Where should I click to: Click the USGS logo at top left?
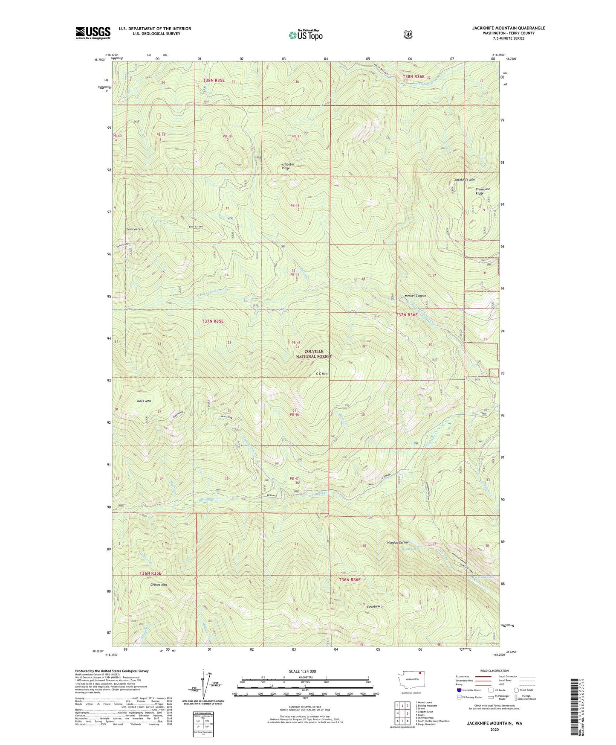pyautogui.click(x=93, y=33)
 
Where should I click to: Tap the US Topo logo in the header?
pyautogui.click(x=306, y=35)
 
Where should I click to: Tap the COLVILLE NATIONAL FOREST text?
pyautogui.click(x=314, y=354)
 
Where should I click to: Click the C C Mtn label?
pyautogui.click(x=321, y=374)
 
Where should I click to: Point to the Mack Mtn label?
pyautogui.click(x=144, y=401)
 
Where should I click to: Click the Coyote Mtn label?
pyautogui.click(x=375, y=606)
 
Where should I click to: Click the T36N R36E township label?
pyautogui.click(x=350, y=579)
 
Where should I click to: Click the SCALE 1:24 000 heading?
pyautogui.click(x=302, y=671)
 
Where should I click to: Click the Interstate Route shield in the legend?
pyautogui.click(x=459, y=690)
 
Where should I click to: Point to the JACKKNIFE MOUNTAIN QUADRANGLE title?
pyautogui.click(x=508, y=28)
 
